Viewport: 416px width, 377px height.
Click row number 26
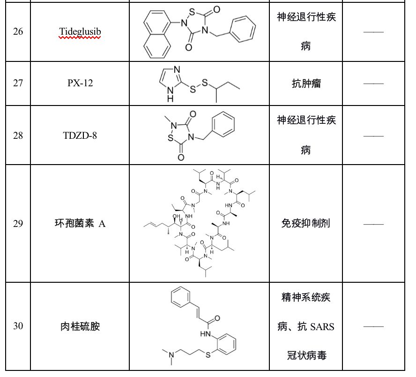pos(18,32)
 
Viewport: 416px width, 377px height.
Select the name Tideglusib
pos(80,32)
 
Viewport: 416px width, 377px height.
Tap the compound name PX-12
pos(80,83)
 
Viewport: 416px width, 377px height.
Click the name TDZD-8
pos(80,136)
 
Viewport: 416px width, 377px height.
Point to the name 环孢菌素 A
pos(80,224)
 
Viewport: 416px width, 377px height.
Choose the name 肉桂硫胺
pos(80,326)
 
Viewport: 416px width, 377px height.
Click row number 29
pos(18,224)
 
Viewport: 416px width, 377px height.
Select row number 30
pos(18,326)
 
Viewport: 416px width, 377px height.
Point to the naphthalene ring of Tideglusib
pos(157,35)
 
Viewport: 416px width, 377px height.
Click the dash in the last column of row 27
pos(373,83)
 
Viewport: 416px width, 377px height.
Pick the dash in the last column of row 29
pos(373,224)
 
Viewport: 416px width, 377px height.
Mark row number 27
pos(18,83)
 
